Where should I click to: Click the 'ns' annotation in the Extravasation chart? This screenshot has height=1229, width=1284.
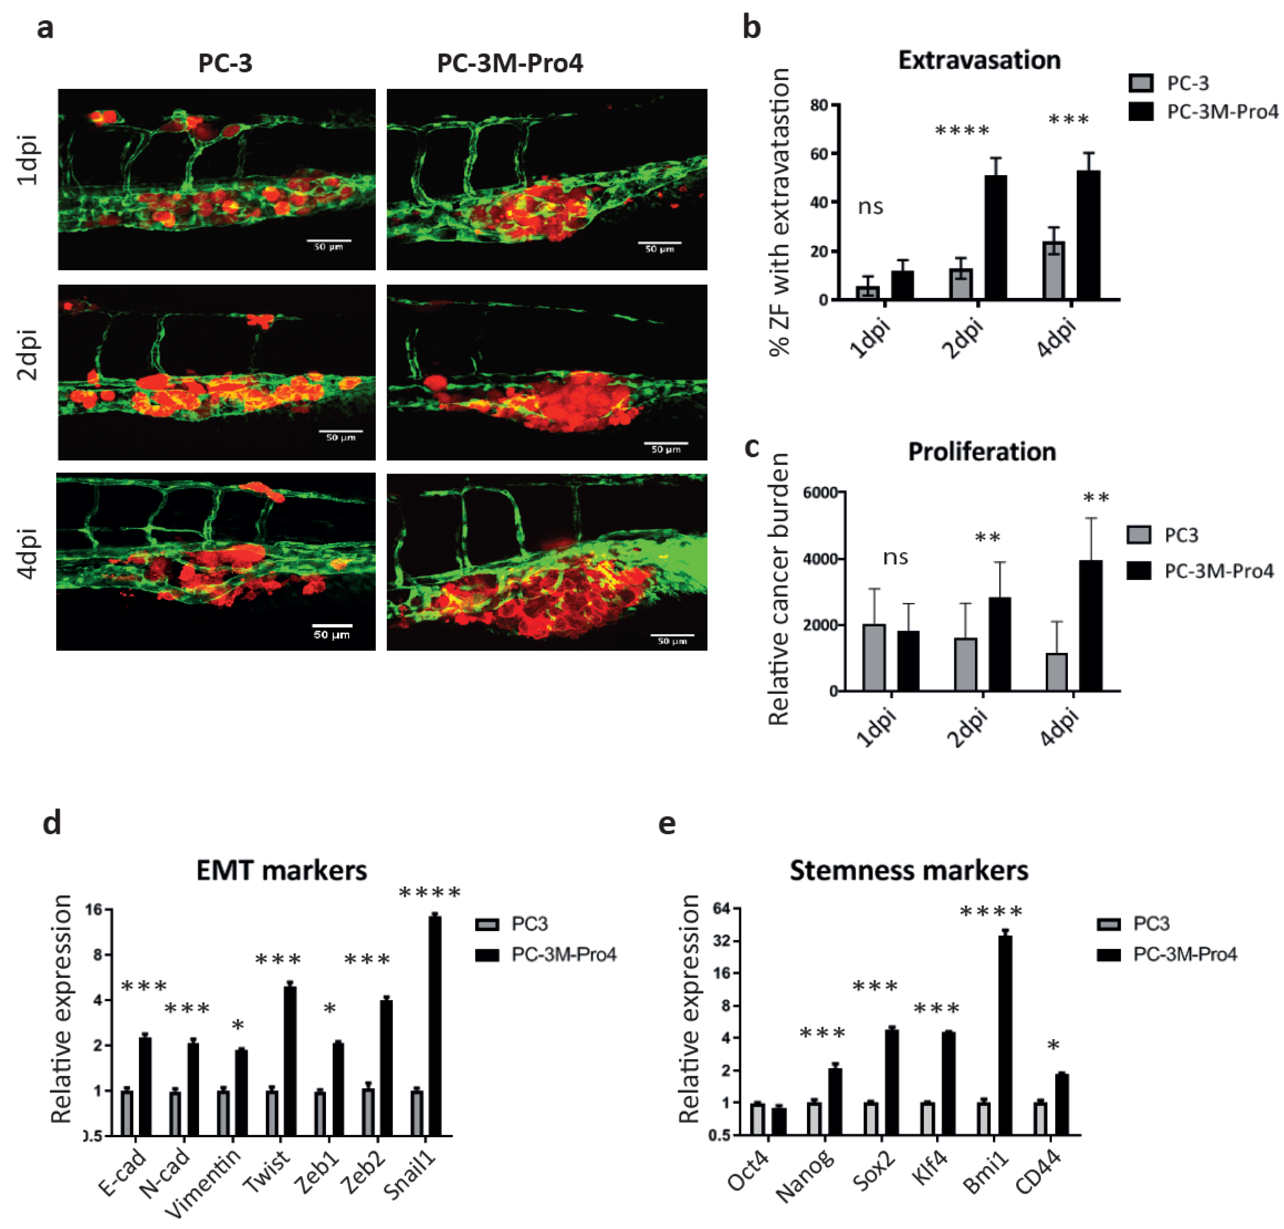[871, 207]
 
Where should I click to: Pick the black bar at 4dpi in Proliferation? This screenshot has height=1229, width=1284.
[1091, 626]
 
